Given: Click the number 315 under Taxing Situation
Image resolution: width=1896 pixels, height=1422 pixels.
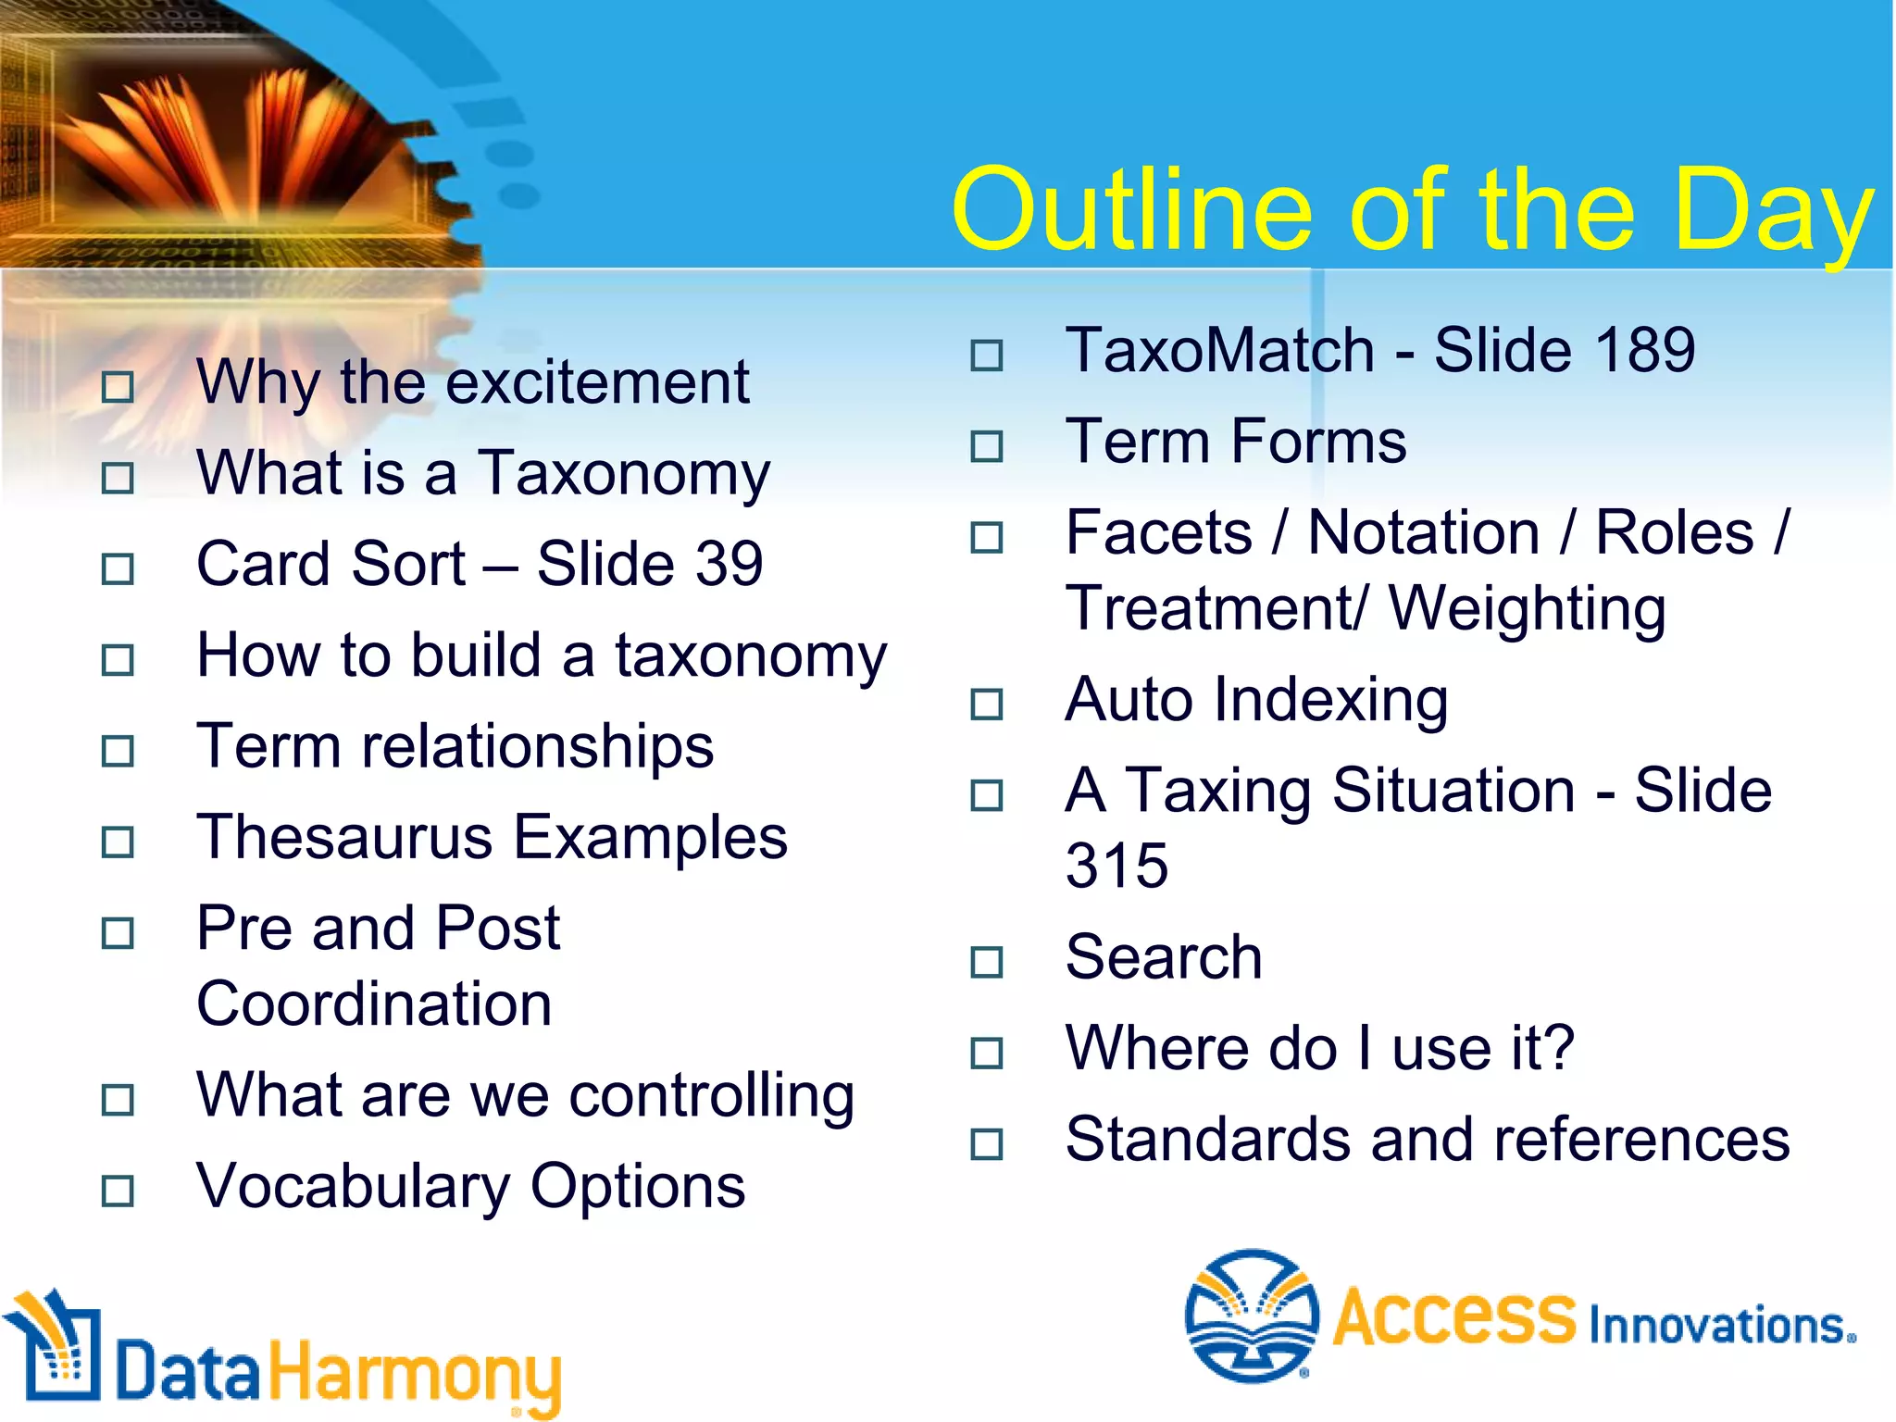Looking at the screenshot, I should point(1116,867).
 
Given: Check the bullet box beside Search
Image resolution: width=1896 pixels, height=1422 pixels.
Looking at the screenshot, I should point(986,962).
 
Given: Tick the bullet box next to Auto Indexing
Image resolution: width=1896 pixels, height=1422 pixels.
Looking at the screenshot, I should point(986,705).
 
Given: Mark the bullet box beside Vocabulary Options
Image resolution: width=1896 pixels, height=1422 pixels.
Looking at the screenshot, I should point(118,1191).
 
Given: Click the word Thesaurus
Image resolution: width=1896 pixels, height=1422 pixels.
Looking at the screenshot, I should point(344,838).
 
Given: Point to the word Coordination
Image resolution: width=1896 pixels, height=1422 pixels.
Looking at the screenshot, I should point(374,1004).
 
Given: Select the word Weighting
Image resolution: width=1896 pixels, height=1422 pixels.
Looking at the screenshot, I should point(1527,610).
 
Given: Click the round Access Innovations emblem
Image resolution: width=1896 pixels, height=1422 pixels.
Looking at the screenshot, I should point(1252,1316).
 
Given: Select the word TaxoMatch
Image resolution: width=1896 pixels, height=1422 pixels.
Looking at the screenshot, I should point(1219,351).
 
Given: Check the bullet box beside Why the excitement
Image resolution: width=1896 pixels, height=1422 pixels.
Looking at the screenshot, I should point(118,387).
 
